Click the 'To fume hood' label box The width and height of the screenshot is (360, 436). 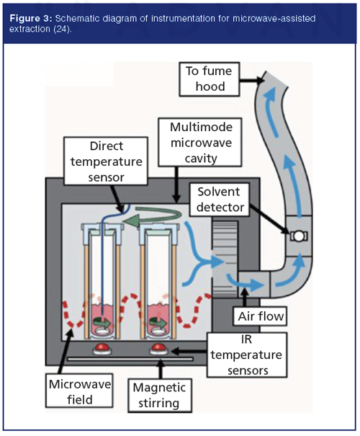(x=210, y=79)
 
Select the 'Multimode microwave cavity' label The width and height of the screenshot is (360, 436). (x=199, y=143)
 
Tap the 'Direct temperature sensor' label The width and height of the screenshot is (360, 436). (x=106, y=161)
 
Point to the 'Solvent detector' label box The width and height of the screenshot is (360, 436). (x=219, y=200)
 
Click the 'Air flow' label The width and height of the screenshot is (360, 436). (x=260, y=316)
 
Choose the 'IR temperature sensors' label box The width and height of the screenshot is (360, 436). (x=247, y=355)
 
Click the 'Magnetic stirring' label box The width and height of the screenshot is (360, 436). (x=160, y=395)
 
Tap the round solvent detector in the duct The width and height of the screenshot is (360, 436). (x=299, y=236)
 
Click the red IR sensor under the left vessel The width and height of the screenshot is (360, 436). (x=102, y=348)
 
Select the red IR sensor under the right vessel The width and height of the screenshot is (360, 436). (x=158, y=348)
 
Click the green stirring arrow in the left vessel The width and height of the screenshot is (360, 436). (x=102, y=323)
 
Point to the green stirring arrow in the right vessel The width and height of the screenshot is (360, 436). (x=158, y=323)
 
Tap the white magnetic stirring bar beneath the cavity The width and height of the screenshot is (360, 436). (x=130, y=360)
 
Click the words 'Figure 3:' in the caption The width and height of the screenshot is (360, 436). (x=31, y=19)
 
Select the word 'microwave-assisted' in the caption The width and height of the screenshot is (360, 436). (x=274, y=19)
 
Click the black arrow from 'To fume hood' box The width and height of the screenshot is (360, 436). (x=252, y=81)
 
